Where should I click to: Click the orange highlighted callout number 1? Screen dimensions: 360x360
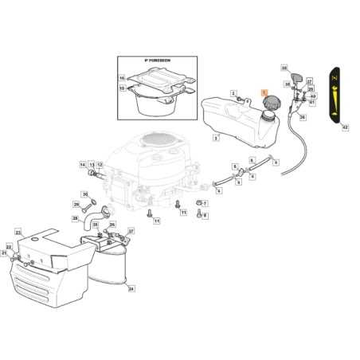265,92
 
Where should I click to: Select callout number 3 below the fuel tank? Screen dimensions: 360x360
216,138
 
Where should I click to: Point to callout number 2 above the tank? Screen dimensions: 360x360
233,94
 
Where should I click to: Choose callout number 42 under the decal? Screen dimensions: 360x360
344,127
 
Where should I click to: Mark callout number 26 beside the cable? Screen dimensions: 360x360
302,117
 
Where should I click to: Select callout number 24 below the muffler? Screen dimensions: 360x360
131,290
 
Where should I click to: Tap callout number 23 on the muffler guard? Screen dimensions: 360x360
18,232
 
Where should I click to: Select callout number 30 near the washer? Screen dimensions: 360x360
86,193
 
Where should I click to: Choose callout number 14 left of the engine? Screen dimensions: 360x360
83,165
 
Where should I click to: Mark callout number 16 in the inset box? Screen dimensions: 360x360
122,77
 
